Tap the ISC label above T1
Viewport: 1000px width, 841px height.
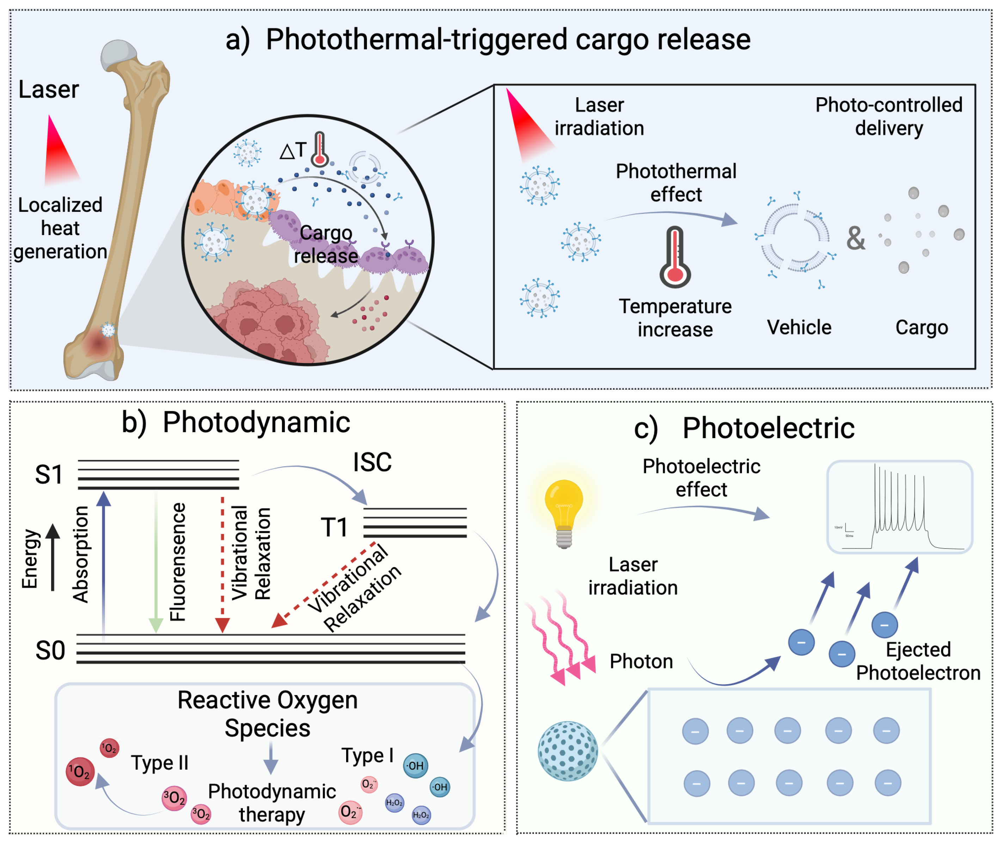pos(372,462)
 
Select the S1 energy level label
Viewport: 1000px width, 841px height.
pos(49,474)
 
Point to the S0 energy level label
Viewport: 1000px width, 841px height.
pos(50,650)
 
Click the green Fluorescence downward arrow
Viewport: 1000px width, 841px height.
pos(156,563)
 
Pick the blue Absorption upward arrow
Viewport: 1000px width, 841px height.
pos(103,563)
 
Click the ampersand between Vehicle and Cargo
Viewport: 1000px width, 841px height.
pos(855,238)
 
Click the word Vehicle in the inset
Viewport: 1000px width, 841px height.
pos(799,327)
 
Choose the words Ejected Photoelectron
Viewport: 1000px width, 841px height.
pos(918,661)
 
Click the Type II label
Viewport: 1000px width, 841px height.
pos(160,763)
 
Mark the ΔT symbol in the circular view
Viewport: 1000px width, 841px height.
pos(293,151)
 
